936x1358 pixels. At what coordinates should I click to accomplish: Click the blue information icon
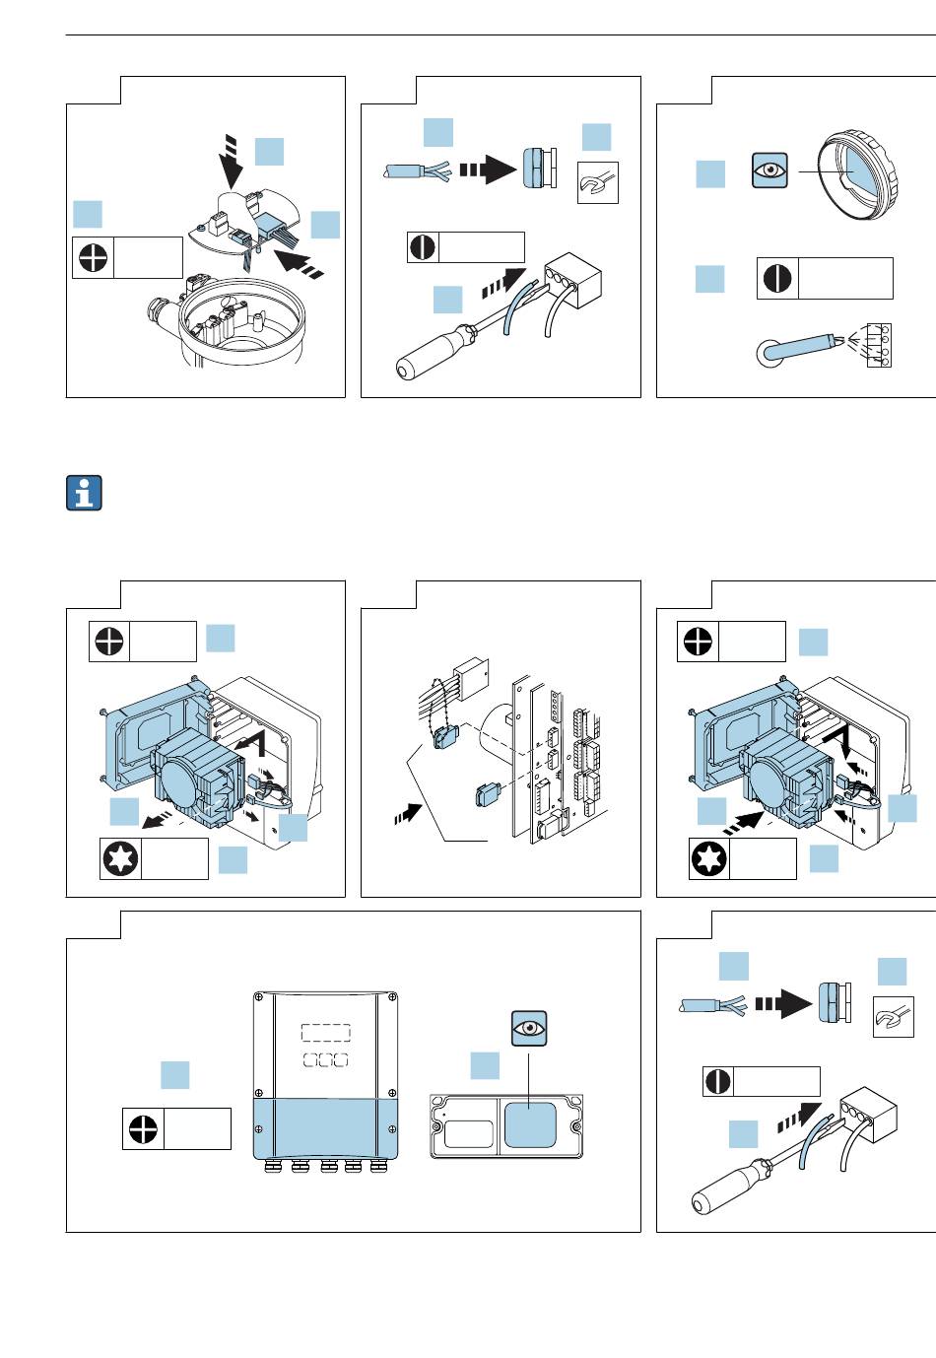pyautogui.click(x=84, y=493)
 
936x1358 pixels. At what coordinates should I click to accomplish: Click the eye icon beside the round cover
pyautogui.click(x=769, y=170)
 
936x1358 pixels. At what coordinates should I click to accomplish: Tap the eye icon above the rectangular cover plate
pyautogui.click(x=529, y=1028)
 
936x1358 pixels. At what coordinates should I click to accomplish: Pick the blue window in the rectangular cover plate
pyautogui.click(x=530, y=1124)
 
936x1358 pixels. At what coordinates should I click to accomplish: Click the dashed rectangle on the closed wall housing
pyautogui.click(x=325, y=1032)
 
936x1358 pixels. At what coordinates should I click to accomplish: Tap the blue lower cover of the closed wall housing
pyautogui.click(x=326, y=1128)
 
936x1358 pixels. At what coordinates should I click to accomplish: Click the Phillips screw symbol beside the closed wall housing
pyautogui.click(x=141, y=1128)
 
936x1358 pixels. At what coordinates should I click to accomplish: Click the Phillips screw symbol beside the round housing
pyautogui.click(x=92, y=258)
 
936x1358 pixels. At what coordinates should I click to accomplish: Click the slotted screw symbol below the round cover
pyautogui.click(x=775, y=278)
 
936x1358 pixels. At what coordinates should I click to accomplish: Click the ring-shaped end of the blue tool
pyautogui.click(x=769, y=353)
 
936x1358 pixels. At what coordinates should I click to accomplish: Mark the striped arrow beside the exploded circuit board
pyautogui.click(x=407, y=814)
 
